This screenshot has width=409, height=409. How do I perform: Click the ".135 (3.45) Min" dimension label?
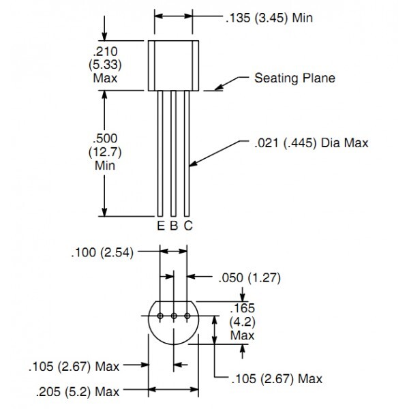[x=269, y=18]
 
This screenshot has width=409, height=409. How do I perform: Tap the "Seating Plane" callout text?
[x=294, y=78]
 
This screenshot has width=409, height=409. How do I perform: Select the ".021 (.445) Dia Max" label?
[x=312, y=143]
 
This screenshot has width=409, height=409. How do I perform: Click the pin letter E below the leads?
[x=161, y=226]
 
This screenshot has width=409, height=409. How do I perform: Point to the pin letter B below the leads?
[x=174, y=226]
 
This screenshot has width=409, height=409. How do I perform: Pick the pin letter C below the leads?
[x=188, y=226]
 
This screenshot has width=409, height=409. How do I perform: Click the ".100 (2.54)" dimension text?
[x=102, y=252]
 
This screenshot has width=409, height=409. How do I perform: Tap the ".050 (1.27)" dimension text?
[x=249, y=277]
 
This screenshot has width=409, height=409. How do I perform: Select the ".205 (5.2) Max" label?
[x=78, y=391]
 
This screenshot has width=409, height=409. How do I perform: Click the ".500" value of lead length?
[x=105, y=138]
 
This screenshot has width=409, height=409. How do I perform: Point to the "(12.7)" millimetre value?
[x=105, y=152]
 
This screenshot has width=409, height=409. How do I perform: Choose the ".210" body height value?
[x=105, y=52]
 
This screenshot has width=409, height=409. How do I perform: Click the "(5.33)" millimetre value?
[x=105, y=65]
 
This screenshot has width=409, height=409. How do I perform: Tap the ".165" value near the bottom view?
[x=242, y=308]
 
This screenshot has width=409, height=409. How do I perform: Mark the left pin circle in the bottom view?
[x=160, y=316]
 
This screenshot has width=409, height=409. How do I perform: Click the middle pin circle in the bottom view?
[x=174, y=316]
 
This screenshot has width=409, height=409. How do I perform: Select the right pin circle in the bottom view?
[x=187, y=316]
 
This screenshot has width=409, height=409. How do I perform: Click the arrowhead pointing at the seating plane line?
[x=219, y=87]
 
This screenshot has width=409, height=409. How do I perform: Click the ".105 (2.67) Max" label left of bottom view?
[x=74, y=367]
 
